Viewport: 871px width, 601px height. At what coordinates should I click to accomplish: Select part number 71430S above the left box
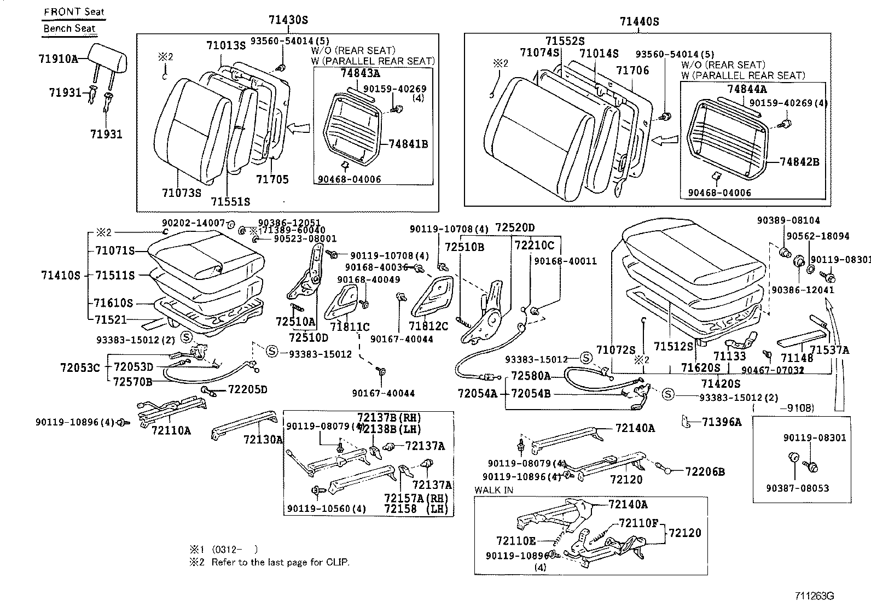pos(288,21)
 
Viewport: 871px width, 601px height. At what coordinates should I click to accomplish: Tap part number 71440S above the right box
pos(639,22)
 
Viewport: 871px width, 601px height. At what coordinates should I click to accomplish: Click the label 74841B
pos(408,144)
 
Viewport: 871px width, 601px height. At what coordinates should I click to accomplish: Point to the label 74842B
pos(799,162)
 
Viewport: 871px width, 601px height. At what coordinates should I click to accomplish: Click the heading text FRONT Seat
pos(74,11)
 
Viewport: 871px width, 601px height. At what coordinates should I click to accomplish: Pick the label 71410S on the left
pos(60,275)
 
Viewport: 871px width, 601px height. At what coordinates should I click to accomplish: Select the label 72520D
pos(515,227)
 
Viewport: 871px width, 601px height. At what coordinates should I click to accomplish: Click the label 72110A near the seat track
pos(171,430)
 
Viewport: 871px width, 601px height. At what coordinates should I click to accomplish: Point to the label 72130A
pos(263,439)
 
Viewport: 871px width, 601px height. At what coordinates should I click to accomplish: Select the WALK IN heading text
pos(493,490)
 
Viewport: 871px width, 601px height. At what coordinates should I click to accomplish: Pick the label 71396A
pos(722,422)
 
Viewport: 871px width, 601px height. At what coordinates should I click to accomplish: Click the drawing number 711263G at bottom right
pos(814,595)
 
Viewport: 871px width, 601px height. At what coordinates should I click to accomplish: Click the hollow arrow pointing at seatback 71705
pos(298,129)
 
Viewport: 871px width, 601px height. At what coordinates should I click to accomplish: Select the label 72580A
pos(531,376)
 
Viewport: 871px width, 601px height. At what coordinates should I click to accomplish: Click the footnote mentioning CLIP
pos(280,562)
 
